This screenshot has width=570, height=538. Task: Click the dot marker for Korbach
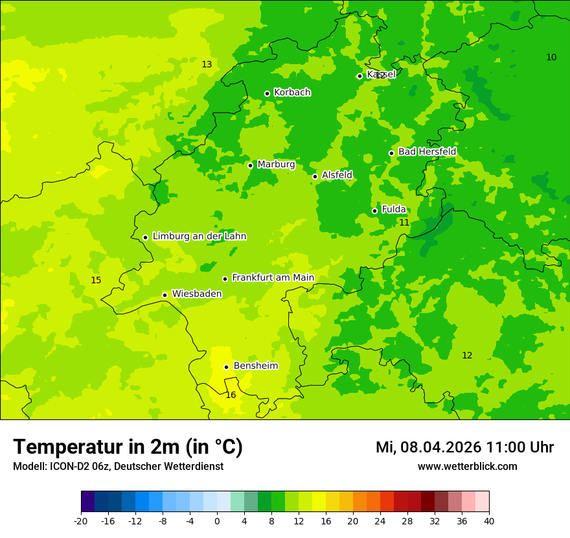click(267, 93)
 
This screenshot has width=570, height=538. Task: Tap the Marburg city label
click(276, 165)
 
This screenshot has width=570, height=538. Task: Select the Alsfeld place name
click(337, 175)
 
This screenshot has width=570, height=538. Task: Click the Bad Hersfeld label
click(427, 152)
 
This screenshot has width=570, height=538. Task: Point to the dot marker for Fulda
click(374, 211)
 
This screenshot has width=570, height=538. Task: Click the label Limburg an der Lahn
click(199, 237)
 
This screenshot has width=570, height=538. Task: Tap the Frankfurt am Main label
click(273, 278)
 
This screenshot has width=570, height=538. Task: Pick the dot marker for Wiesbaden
click(165, 295)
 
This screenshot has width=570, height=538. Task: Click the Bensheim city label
click(255, 366)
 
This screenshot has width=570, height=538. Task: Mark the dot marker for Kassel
click(359, 76)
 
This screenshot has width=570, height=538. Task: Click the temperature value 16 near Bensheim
click(231, 395)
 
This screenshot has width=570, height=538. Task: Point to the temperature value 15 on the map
click(96, 281)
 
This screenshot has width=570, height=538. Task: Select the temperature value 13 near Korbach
click(207, 64)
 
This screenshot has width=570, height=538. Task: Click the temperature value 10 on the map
click(551, 57)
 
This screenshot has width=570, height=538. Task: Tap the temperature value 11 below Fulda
click(404, 222)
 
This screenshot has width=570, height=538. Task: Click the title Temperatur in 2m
click(128, 447)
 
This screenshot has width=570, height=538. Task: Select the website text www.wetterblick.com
click(467, 467)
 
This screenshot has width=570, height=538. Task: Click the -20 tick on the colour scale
click(81, 520)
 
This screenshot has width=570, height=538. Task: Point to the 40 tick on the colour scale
click(488, 520)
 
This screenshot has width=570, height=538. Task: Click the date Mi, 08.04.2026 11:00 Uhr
click(464, 447)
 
